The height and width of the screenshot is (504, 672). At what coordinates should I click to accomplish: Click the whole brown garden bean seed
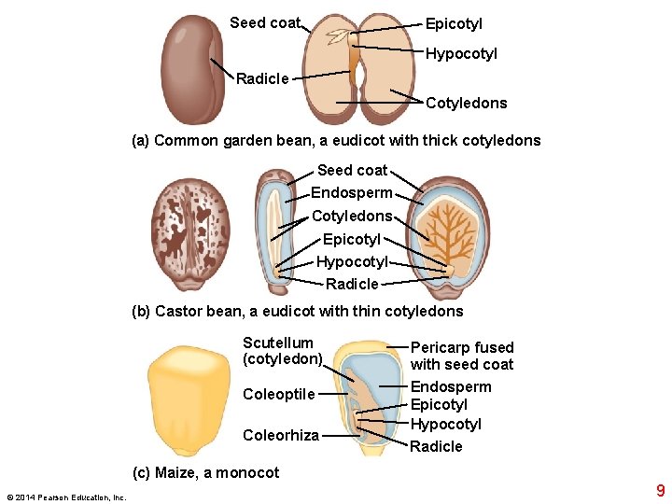point(191,70)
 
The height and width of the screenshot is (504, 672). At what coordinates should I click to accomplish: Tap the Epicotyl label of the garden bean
point(454,23)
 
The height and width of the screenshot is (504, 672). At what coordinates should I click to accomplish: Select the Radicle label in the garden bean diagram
point(262,78)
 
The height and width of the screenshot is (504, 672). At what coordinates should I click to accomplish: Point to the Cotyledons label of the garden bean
point(466,103)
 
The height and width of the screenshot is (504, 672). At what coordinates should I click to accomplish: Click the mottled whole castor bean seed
point(190,228)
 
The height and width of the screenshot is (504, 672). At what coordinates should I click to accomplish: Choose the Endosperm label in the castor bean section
point(351,193)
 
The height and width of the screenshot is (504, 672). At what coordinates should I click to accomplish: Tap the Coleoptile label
point(279,394)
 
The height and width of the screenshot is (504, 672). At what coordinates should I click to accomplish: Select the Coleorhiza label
point(281,435)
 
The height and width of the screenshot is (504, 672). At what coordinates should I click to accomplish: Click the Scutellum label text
point(278,343)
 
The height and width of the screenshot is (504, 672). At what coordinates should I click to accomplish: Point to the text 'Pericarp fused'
point(462,347)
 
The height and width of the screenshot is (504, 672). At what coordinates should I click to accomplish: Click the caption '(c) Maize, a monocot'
point(205,472)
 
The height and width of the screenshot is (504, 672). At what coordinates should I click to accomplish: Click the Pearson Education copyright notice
point(66,497)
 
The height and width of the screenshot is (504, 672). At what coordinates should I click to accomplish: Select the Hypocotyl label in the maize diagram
point(446,425)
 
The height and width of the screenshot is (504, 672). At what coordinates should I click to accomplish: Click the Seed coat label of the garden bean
point(265,22)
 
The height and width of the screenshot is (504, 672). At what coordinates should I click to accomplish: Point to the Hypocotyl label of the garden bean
point(461,53)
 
